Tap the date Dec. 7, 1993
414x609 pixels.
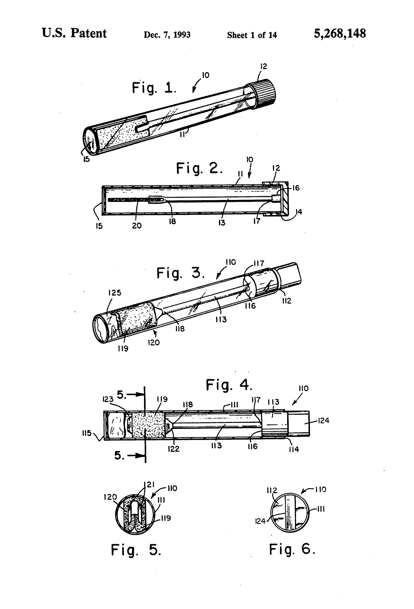[167, 35]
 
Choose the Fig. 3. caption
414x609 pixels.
[180, 273]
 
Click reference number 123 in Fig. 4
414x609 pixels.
[108, 399]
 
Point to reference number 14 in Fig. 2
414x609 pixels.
[299, 212]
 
